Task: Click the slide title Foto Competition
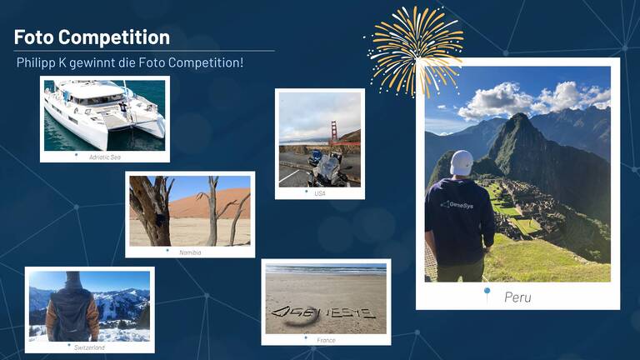click(92, 37)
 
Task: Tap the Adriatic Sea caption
click(105, 157)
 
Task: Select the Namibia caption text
click(190, 252)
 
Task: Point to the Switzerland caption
click(88, 347)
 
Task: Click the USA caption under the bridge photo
click(320, 193)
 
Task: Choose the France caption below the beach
click(326, 340)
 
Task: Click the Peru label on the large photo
click(517, 297)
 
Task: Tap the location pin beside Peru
click(487, 293)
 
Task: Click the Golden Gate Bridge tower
click(332, 132)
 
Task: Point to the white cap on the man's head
click(461, 162)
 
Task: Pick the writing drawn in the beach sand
click(323, 313)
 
